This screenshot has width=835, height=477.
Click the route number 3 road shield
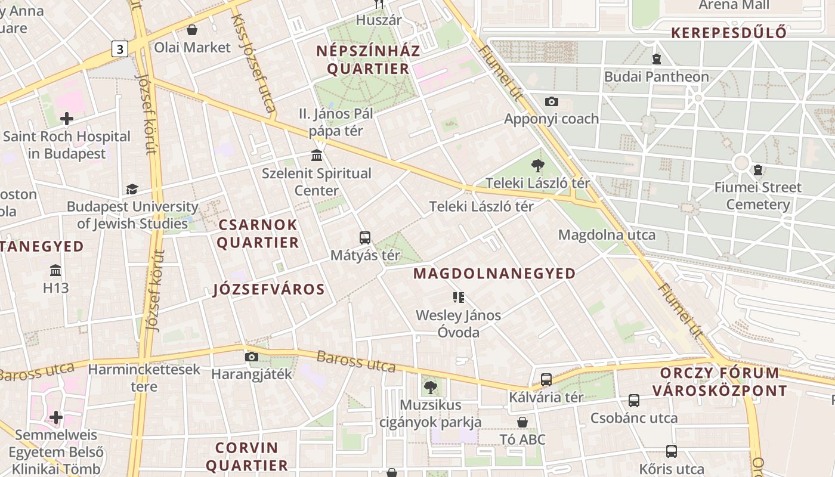(120, 49)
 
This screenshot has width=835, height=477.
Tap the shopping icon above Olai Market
(192, 30)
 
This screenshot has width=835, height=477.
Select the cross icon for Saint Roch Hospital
(67, 118)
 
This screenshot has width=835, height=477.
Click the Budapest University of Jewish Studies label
(132, 215)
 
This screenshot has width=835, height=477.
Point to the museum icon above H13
(56, 270)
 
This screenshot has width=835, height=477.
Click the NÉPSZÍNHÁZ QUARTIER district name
(368, 60)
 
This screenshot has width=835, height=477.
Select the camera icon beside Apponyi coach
(552, 101)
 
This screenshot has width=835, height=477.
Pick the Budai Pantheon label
(657, 77)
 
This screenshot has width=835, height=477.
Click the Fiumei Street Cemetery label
(758, 196)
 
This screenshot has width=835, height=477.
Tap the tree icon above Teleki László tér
(537, 166)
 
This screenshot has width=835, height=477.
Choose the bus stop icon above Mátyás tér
(365, 237)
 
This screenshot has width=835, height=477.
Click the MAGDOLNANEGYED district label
(494, 274)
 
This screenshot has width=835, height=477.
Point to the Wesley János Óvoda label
(458, 323)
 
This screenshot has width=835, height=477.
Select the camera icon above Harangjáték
(252, 357)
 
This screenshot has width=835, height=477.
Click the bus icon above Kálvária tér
(546, 379)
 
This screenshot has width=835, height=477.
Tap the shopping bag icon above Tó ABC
(522, 422)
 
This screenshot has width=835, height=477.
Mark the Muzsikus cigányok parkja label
(431, 413)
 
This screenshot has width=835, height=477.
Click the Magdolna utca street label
(607, 235)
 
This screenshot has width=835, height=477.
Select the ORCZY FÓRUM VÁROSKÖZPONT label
(719, 382)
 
